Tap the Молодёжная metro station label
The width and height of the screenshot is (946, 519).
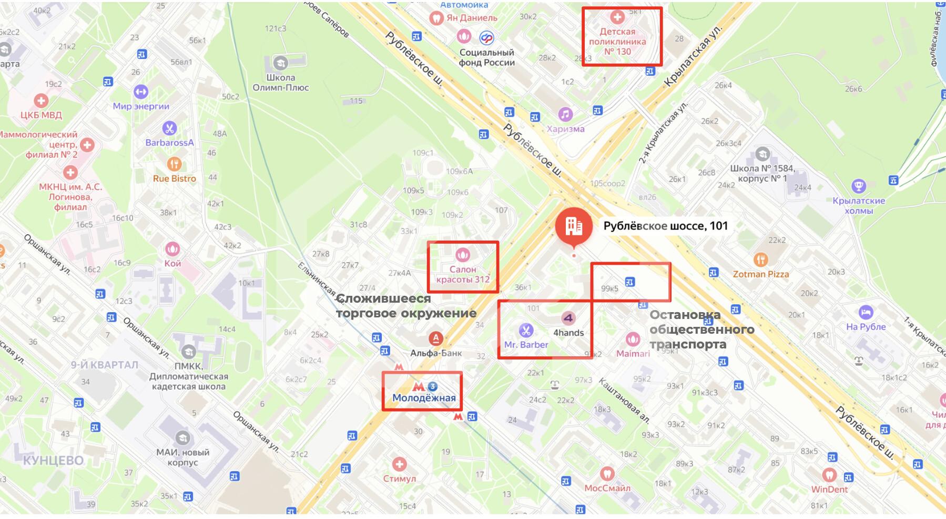424,398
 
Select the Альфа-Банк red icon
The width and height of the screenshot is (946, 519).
435,338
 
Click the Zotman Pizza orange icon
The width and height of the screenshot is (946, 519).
760,259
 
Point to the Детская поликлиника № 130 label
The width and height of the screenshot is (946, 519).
617,42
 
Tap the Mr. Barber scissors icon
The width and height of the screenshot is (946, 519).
525,331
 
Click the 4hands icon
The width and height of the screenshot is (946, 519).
568,318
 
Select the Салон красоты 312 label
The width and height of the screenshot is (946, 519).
463,274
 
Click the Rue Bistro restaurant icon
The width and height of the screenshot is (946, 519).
174,164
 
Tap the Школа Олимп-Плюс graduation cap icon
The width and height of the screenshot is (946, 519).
280,63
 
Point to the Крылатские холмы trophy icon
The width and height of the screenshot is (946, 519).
858,186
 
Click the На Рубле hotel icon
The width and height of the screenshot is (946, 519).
866,312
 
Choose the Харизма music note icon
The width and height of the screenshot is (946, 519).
565,114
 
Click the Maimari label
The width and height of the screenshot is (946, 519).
633,354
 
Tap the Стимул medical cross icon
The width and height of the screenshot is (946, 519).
399,464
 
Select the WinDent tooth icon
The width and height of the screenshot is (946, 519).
829,475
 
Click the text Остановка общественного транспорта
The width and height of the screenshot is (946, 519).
701,330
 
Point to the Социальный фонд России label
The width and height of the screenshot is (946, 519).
486,57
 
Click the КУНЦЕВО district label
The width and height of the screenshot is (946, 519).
53,461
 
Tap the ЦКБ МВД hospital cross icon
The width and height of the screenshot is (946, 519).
41,100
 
